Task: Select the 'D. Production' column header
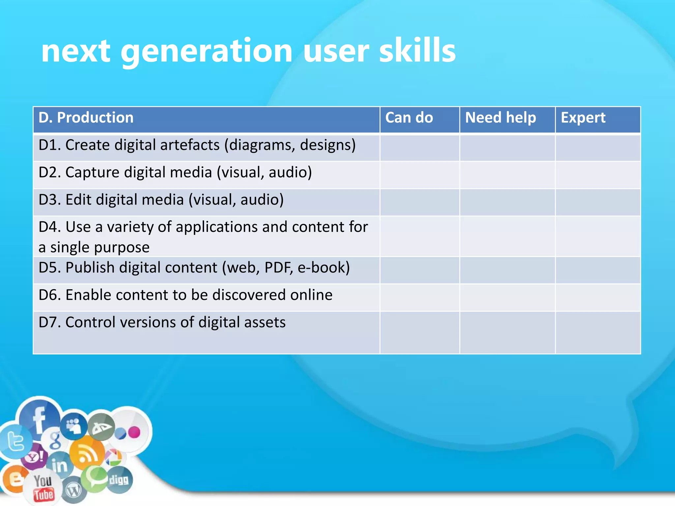click(86, 118)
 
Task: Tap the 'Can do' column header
click(409, 118)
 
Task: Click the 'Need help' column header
click(500, 118)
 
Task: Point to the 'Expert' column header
click(583, 118)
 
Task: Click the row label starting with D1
click(197, 145)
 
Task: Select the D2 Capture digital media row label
click(175, 173)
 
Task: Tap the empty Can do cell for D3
click(420, 202)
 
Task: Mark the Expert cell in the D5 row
click(598, 270)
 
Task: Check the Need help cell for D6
click(507, 297)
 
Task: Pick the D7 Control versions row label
click(162, 323)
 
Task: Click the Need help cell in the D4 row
click(507, 236)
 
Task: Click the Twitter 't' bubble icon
click(15, 441)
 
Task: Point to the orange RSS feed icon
click(87, 454)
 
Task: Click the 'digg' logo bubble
click(119, 480)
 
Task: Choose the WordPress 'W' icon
click(73, 491)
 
